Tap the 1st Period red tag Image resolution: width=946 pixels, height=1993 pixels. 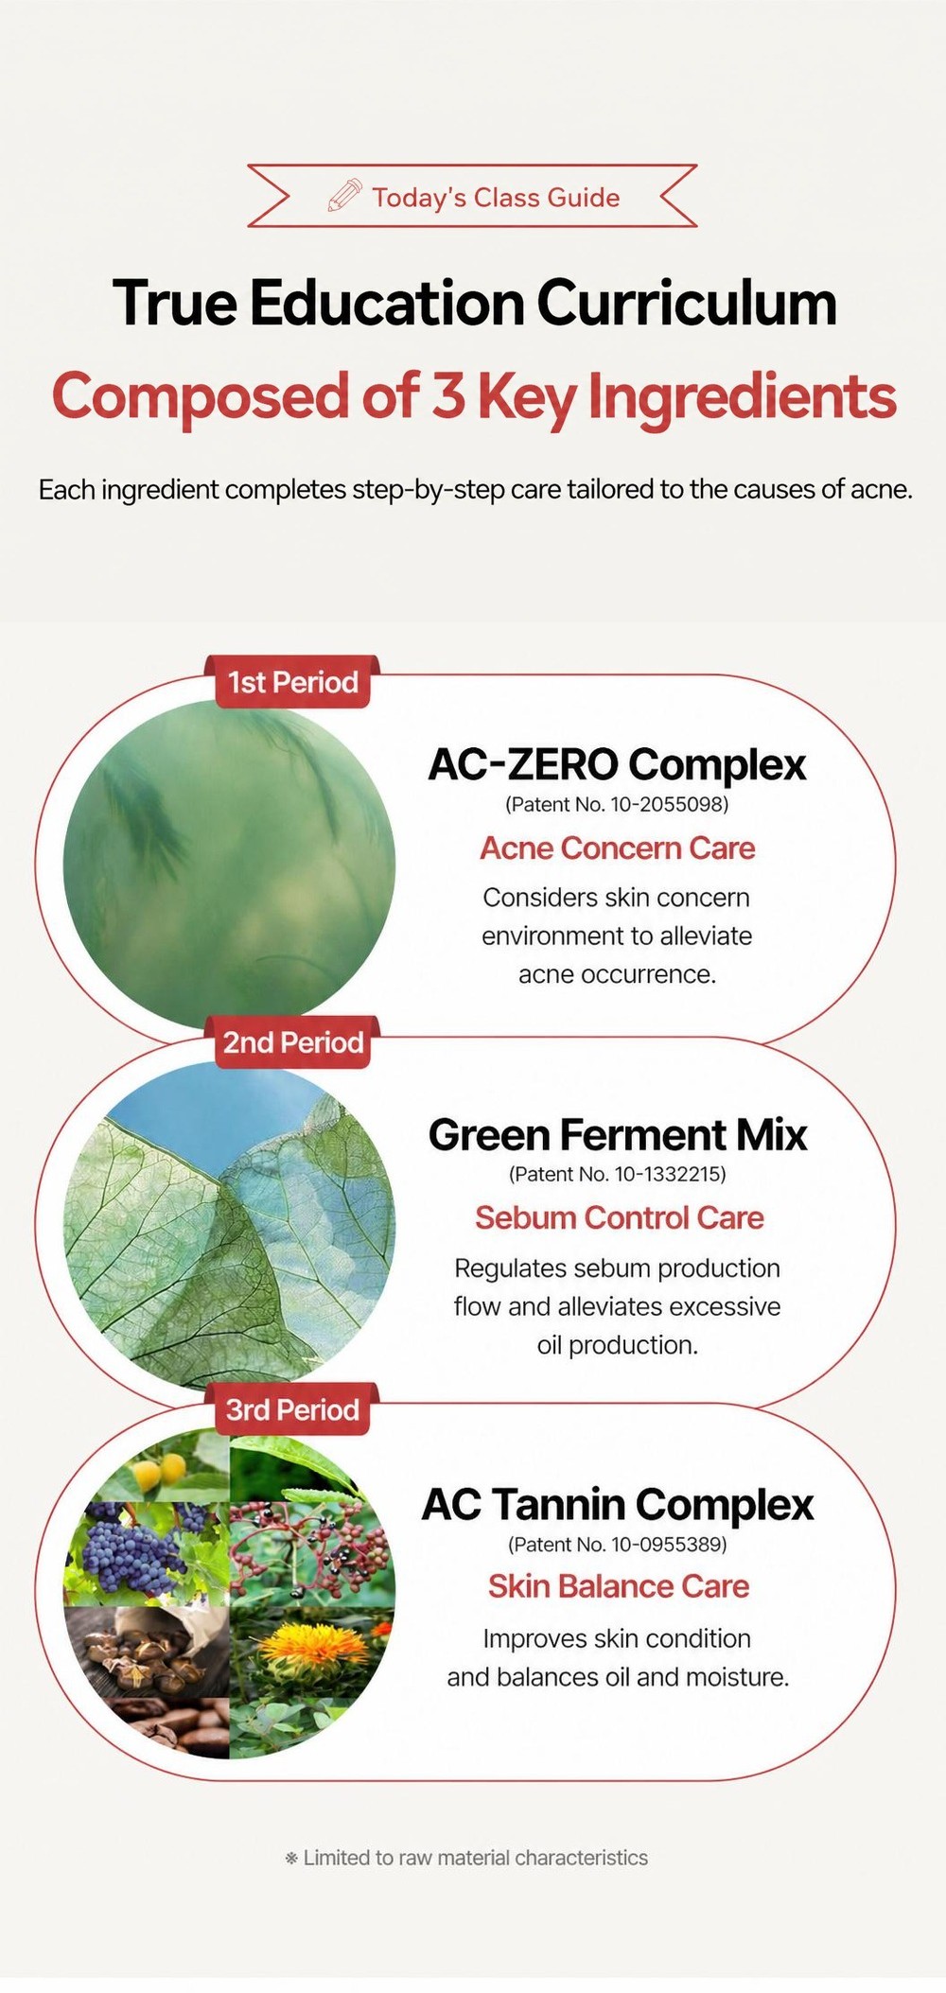tap(292, 682)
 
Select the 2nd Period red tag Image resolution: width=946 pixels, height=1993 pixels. tap(293, 1042)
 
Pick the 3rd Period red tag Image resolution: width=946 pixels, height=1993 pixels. tap(292, 1409)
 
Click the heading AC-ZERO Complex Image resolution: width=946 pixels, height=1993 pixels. tap(617, 764)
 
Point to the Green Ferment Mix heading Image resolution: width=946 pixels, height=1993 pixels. tap(618, 1134)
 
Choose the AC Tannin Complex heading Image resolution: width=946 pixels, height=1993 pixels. tap(618, 1504)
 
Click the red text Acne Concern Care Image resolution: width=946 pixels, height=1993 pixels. tap(618, 848)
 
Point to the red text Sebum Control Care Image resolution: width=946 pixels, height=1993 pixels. tap(619, 1217)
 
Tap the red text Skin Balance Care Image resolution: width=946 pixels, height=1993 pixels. tap(619, 1586)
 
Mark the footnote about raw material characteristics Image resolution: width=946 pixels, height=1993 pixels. tap(466, 1858)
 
